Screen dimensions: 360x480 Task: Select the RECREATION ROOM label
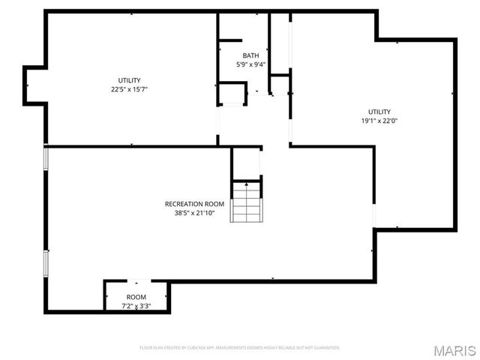[194, 204]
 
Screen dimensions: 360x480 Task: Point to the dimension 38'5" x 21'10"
[194, 212]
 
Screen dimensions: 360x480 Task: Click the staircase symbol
[246, 203]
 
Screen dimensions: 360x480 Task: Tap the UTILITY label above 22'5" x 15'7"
[129, 80]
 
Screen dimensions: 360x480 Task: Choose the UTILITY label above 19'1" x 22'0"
[379, 112]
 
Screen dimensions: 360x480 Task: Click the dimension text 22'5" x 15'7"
[129, 89]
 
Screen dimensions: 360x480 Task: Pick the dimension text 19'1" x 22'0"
[379, 120]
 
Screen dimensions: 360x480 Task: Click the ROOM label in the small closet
[136, 298]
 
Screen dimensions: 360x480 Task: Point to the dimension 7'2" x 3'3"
[136, 306]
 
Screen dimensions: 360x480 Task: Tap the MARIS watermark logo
[454, 351]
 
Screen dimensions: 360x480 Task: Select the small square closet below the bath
[232, 94]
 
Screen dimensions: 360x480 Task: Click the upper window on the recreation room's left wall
[46, 158]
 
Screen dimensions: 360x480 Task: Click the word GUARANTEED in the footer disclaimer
[323, 348]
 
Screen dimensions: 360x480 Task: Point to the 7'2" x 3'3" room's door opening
[136, 282]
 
